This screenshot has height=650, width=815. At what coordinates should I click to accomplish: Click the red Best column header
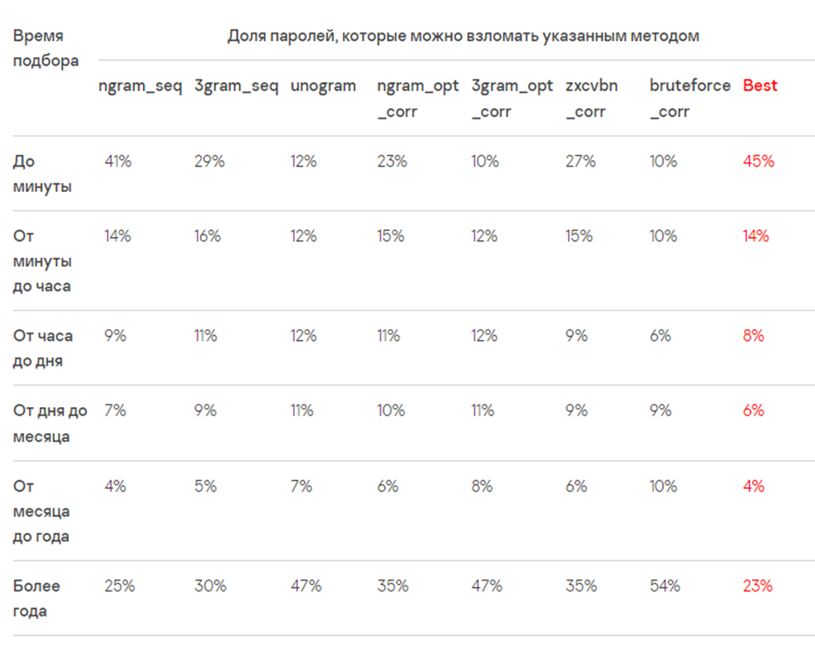pyautogui.click(x=760, y=85)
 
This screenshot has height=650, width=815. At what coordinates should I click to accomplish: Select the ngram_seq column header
pyautogui.click(x=140, y=85)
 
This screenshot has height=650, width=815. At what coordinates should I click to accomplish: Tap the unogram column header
pyautogui.click(x=323, y=85)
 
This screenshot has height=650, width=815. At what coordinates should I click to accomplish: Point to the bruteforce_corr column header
pyautogui.click(x=689, y=98)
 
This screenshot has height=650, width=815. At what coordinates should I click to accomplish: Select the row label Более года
pyautogui.click(x=37, y=598)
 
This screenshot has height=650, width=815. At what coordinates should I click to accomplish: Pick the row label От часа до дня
pyautogui.click(x=43, y=348)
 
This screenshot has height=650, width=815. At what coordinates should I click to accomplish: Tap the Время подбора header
pyautogui.click(x=46, y=49)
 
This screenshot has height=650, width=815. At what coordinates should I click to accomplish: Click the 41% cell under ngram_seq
pyautogui.click(x=118, y=162)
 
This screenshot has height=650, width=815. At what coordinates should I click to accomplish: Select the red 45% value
pyautogui.click(x=758, y=162)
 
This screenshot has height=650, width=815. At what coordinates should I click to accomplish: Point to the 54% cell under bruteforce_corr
pyautogui.click(x=664, y=586)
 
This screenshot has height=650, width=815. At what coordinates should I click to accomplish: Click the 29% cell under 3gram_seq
pyautogui.click(x=209, y=162)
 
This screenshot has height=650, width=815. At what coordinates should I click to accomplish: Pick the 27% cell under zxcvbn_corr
pyautogui.click(x=581, y=162)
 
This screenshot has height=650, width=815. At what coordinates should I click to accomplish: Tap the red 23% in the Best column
pyautogui.click(x=757, y=586)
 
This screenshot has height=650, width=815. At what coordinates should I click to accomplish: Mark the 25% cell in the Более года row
pyautogui.click(x=120, y=586)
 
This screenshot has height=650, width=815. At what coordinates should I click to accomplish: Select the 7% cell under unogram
pyautogui.click(x=301, y=486)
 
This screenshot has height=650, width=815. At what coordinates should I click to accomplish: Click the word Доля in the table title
pyautogui.click(x=246, y=36)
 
